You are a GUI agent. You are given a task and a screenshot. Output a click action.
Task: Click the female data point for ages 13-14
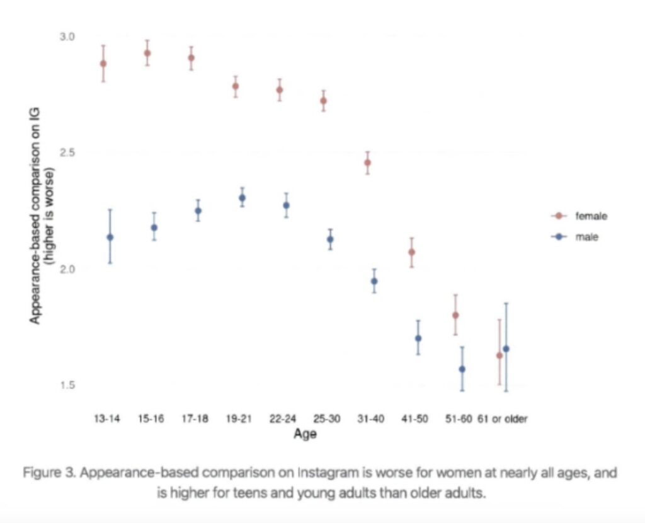click(103, 64)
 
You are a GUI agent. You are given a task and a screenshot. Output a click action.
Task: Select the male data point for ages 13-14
click(110, 238)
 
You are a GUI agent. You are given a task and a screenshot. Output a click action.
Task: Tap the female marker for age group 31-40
click(367, 163)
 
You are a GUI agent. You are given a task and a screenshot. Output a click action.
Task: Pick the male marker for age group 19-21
click(242, 198)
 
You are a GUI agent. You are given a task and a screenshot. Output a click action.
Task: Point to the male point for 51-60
click(462, 369)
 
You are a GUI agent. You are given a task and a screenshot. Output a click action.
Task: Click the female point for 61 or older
click(499, 355)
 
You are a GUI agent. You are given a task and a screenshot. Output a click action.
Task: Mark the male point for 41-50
click(418, 338)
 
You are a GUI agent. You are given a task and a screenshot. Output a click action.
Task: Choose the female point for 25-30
click(323, 101)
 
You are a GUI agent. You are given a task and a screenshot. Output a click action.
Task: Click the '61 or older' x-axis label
click(502, 418)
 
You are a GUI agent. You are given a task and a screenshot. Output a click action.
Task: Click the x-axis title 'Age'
click(305, 435)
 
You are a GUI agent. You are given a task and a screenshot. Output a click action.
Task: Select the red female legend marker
click(557, 216)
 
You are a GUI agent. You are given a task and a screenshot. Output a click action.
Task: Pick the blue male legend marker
click(557, 237)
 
